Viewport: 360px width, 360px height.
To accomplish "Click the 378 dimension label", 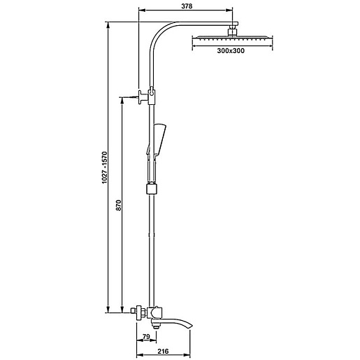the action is pos(187,6).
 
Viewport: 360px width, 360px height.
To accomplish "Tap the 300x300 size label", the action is pos(231,50).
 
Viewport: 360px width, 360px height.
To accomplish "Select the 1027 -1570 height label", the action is pos(105,167).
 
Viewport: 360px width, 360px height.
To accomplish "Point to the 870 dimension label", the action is pos(119,205).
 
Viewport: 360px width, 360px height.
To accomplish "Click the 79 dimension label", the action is pos(146,336).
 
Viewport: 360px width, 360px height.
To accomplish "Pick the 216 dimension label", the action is pos(163,351).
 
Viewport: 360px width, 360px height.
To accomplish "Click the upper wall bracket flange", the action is pos(141,96).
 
